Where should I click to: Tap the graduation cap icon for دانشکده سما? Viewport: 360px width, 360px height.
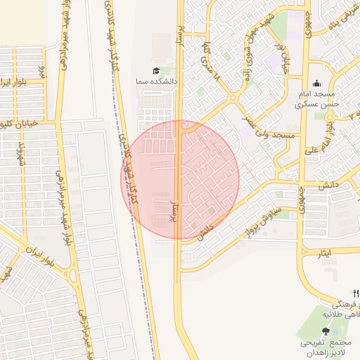pos(155,71)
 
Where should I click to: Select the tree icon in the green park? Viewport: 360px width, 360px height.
pos(325,331)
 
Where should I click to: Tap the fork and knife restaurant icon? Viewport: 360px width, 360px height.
pos(356,293)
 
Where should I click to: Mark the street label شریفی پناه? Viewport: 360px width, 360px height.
pos(347,21)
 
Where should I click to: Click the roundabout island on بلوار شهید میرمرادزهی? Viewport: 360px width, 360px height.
pos(74,275)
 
